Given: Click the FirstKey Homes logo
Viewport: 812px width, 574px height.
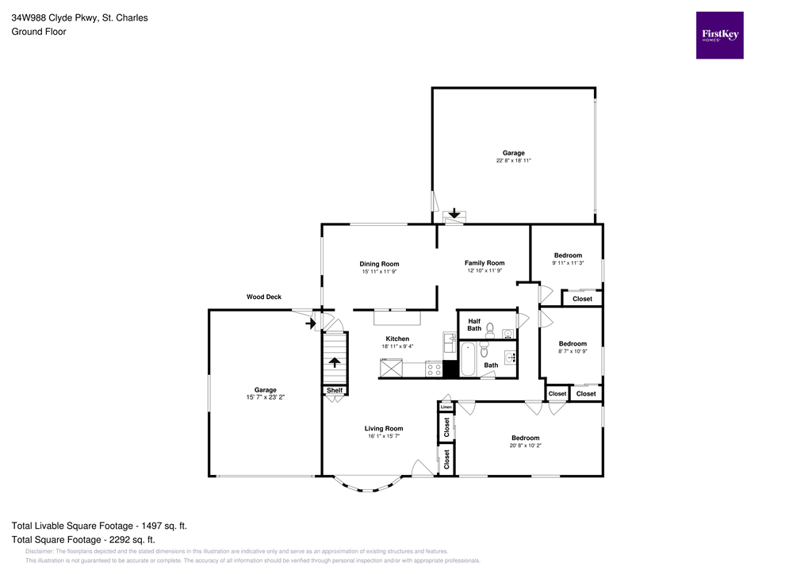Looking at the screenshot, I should [719, 35].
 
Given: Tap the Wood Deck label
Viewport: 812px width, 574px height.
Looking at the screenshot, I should [263, 297].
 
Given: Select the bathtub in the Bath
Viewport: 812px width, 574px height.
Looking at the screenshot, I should [468, 361].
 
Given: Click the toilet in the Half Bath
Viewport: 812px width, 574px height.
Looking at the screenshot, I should [490, 328].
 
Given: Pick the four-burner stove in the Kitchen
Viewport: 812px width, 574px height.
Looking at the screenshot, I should [434, 369].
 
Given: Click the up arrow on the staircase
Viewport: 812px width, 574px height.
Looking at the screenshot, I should [334, 363].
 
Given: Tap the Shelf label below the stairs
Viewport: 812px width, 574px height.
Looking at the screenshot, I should [334, 390].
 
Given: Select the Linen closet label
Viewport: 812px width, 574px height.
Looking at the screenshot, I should [446, 407].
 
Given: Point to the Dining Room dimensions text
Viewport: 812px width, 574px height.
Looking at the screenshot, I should [379, 272].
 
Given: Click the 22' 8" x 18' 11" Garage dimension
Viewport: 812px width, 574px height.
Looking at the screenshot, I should [513, 161].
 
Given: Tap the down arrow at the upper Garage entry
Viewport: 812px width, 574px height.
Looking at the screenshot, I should [454, 213].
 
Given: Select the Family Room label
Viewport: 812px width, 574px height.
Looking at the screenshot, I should [484, 262].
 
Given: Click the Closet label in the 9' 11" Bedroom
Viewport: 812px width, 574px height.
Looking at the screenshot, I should [582, 299].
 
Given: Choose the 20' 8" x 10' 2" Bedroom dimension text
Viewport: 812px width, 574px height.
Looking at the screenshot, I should [525, 446].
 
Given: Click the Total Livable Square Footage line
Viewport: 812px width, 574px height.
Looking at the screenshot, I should [99, 526].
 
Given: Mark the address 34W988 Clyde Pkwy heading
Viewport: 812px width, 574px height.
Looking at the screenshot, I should [79, 17].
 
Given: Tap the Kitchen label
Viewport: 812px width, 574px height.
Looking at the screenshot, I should [397, 339].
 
